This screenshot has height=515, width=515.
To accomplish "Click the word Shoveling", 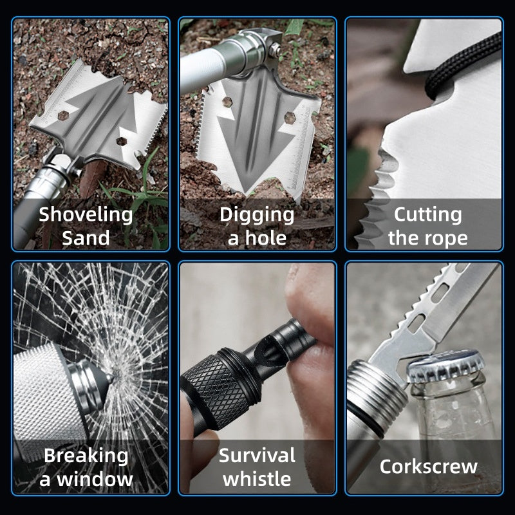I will (x=86, y=214).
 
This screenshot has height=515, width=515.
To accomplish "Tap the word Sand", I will (x=86, y=238).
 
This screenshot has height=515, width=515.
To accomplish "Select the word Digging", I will (x=257, y=214).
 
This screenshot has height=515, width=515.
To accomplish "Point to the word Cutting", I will (x=428, y=214).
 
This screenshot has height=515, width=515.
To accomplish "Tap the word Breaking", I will (x=86, y=456).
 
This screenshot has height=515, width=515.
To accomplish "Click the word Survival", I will (x=257, y=456).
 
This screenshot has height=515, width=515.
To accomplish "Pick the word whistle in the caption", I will (x=257, y=480).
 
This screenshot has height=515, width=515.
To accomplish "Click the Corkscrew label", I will (x=428, y=466).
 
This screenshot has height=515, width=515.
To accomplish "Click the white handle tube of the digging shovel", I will (x=200, y=71).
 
